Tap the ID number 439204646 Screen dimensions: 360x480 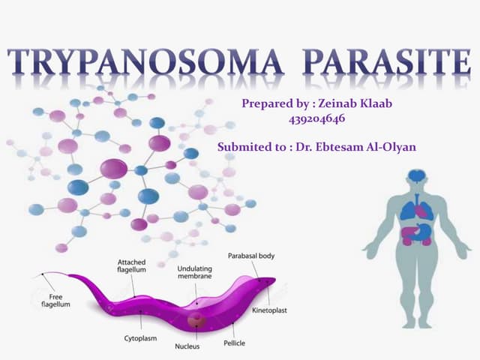click(317, 119)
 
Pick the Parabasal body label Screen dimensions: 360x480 click(251, 256)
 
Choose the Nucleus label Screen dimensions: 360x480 click(187, 346)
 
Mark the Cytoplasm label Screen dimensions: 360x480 click(140, 339)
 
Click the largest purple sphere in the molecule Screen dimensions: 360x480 click(113, 169)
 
